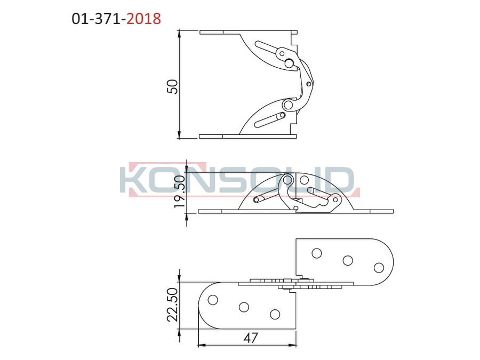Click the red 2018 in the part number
point(143,19)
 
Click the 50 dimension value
point(172,86)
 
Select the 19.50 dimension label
point(180,191)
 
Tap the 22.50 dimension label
point(173,305)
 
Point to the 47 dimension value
point(251,338)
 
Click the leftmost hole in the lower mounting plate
point(213,300)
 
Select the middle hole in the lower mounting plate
point(244,307)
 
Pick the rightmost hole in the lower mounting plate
point(275,314)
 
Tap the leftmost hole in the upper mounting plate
point(316,253)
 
